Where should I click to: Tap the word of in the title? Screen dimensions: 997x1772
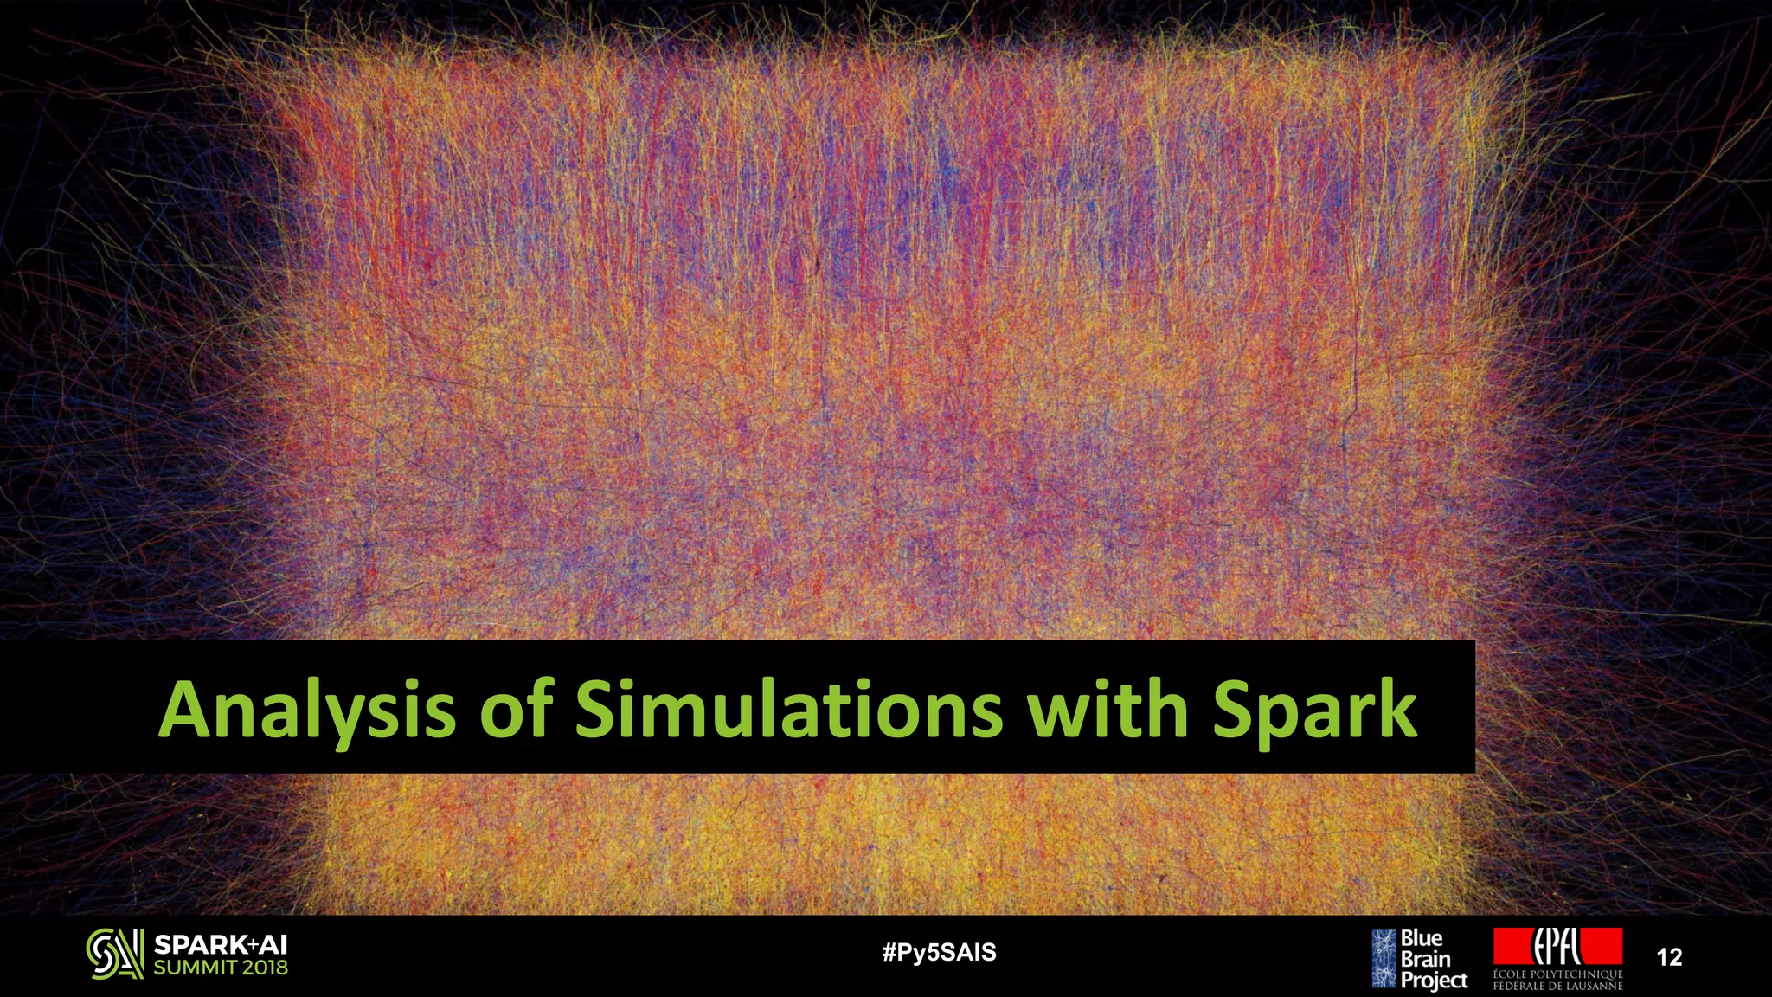coord(517,710)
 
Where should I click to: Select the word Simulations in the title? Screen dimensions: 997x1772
coord(788,710)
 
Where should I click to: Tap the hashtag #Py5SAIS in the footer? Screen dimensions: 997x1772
coord(939,953)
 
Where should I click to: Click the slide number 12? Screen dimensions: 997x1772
coord(1669,957)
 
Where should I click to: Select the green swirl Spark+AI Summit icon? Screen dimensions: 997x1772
coord(114,954)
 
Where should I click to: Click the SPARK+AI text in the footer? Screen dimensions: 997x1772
coord(221,945)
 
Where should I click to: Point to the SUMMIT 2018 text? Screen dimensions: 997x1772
coord(221,968)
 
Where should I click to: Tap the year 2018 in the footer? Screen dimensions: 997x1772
coord(265,968)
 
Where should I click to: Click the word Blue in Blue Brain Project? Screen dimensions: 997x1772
coord(1421,938)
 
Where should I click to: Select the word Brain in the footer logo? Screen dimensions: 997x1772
coord(1425,959)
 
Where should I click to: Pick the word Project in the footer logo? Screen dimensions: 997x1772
coord(1434,980)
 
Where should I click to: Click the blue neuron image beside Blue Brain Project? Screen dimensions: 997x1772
coord(1384,958)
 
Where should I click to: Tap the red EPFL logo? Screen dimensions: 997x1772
coord(1557,946)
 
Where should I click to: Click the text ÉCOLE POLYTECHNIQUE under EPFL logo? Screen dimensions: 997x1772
coord(1557,974)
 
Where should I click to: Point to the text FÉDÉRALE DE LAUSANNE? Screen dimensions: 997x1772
coord(1557,986)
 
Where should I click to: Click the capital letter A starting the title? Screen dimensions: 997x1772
coord(185,710)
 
